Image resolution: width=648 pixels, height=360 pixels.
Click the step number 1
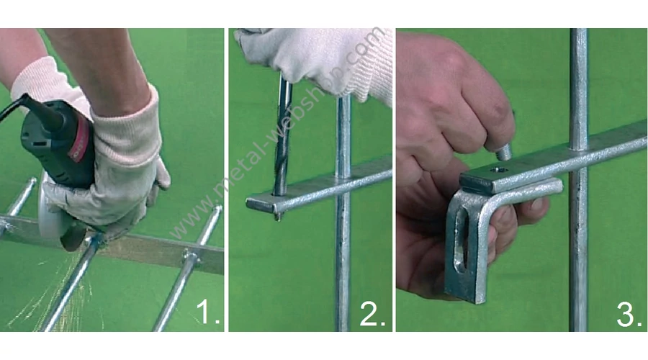coord(208,312)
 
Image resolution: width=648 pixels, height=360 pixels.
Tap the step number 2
coord(372,314)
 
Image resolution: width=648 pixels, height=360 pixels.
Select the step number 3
coord(629,315)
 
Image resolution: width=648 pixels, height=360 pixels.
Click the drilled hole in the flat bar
coord(497,169)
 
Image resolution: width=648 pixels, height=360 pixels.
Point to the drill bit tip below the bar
coord(278,217)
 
